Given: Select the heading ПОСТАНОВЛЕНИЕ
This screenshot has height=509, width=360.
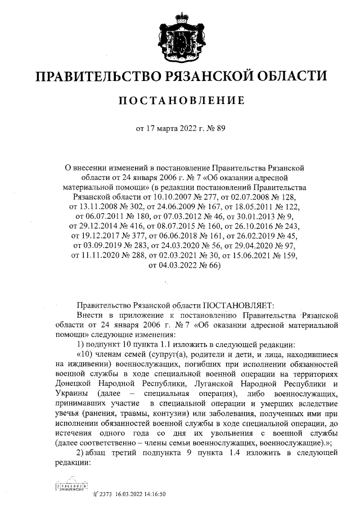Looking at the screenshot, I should pos(181,101).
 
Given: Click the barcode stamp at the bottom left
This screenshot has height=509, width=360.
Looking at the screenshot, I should pos(73,484).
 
